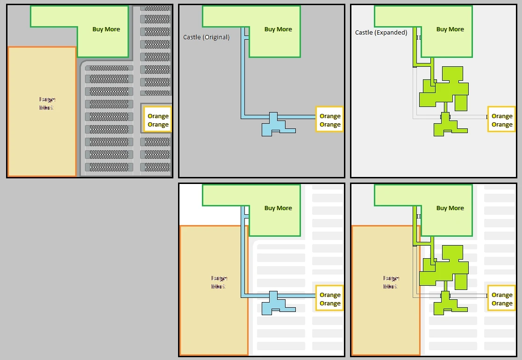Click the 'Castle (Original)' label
206,37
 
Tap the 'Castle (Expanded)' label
381,33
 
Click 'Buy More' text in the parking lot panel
106,29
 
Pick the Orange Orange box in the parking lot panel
158,120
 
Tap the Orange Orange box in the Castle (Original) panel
330,120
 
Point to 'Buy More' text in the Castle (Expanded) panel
450,29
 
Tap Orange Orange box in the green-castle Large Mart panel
502,299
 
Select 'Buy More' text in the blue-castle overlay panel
278,208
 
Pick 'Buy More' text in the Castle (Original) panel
278,29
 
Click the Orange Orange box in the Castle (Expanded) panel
502,120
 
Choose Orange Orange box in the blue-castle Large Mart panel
330,299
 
